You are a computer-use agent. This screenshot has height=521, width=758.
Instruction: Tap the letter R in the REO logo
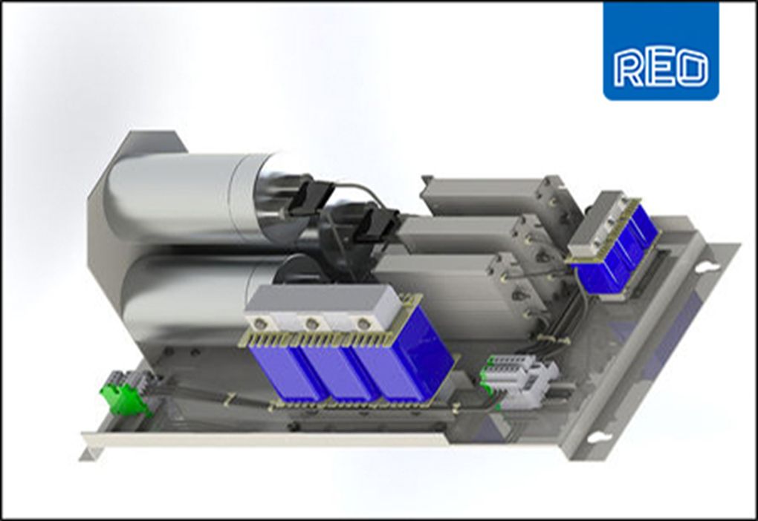coord(629,68)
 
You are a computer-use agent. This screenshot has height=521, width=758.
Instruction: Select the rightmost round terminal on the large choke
coord(362,323)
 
